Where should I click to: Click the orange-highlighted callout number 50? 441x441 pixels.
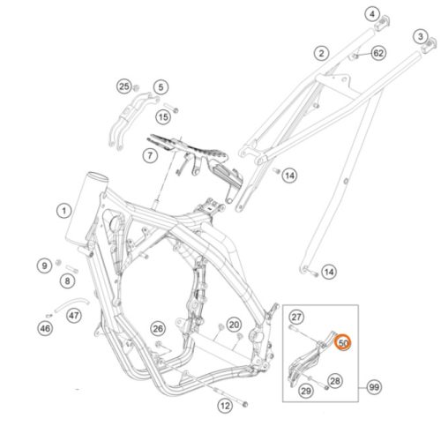(x=343, y=343)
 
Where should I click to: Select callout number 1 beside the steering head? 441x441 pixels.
(x=64, y=211)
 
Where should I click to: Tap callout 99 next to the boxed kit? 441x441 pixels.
(x=374, y=387)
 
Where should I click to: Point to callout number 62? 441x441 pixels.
(x=378, y=53)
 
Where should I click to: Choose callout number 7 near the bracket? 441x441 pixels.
(x=150, y=155)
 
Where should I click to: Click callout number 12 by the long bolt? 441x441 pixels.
(x=225, y=406)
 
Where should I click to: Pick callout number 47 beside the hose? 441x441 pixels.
(x=74, y=316)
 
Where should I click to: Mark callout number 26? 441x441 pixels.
(x=158, y=329)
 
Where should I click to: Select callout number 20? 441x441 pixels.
(x=234, y=325)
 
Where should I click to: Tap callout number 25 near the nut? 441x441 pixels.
(x=124, y=86)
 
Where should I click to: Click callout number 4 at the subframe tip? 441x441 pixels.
(x=372, y=14)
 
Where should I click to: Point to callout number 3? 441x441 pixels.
(x=421, y=37)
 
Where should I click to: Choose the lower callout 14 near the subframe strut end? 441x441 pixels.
(x=329, y=272)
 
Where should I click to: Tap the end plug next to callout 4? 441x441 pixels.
(x=383, y=23)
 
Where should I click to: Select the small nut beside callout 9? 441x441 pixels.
(x=58, y=262)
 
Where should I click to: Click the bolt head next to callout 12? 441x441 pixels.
(x=244, y=405)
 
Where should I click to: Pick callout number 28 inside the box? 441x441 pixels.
(x=335, y=381)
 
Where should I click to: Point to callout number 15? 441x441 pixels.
(x=163, y=117)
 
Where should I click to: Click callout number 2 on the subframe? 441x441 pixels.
(x=321, y=53)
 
